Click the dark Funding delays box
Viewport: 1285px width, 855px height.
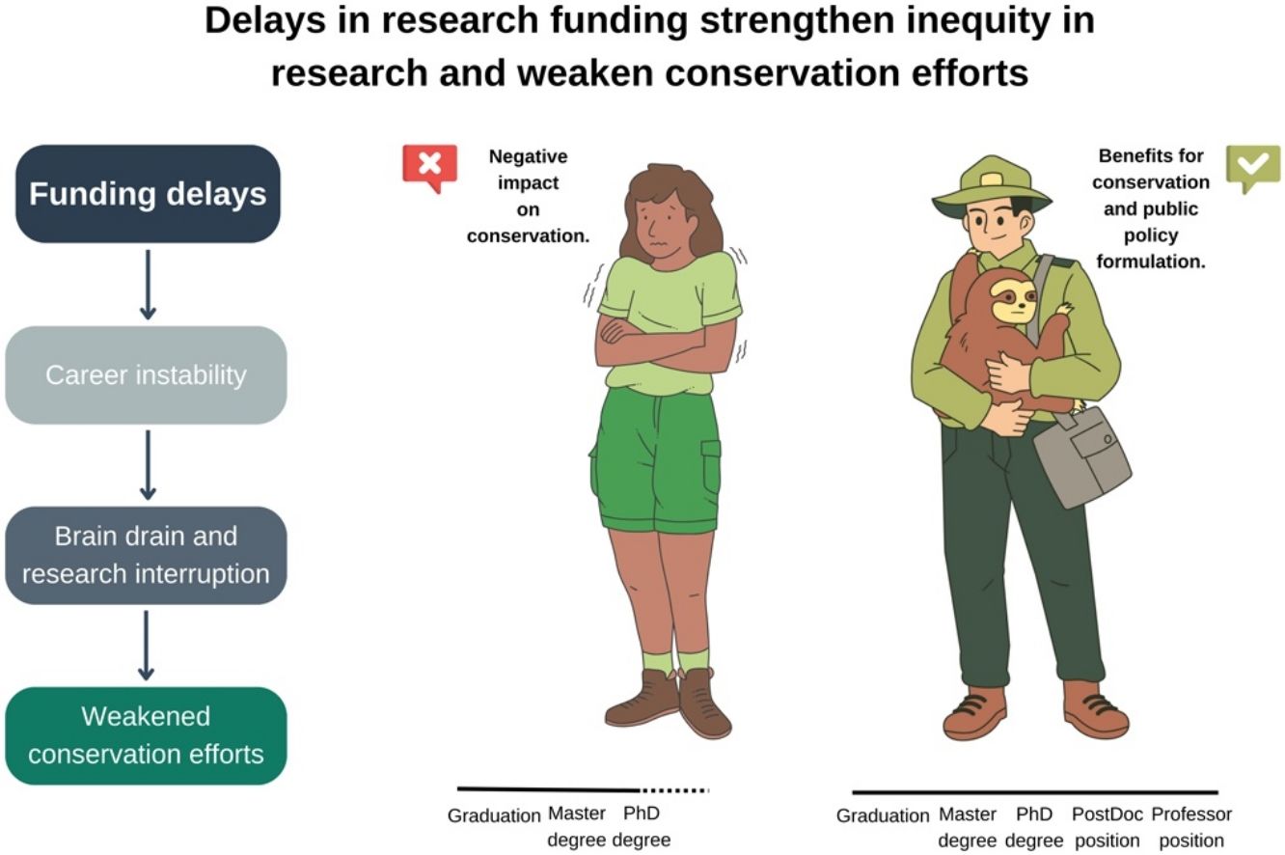click(148, 193)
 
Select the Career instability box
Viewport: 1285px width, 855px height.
click(146, 374)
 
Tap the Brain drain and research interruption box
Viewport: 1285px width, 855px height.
click(146, 555)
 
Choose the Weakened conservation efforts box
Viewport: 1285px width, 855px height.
click(146, 735)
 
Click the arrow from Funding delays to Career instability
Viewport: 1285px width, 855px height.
click(148, 285)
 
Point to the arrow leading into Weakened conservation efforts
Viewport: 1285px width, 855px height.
click(147, 646)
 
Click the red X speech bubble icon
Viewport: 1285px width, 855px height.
click(429, 168)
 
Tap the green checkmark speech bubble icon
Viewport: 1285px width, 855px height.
click(1253, 168)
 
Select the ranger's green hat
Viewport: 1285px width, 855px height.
click(992, 187)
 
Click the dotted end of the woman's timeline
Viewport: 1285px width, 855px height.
click(675, 790)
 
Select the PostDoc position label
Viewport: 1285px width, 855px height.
click(1107, 827)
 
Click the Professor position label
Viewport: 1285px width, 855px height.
click(1191, 827)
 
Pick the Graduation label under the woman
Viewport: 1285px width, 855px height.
click(494, 815)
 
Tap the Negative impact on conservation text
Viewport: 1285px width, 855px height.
click(529, 196)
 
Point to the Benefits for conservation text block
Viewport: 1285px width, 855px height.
click(1151, 208)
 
